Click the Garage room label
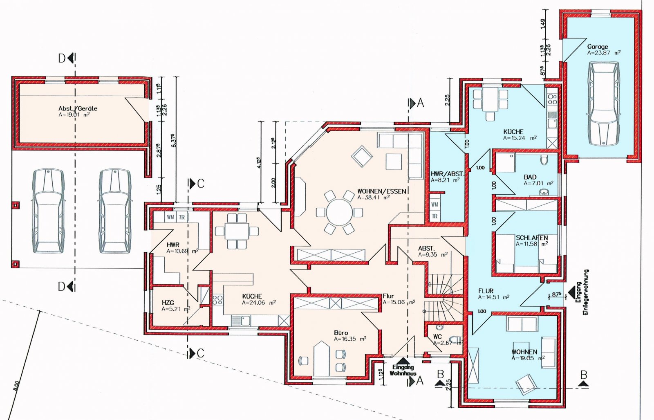click(597, 47)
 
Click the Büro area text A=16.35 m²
click(350, 339)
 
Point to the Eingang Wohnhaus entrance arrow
click(403, 361)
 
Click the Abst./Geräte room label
click(78, 108)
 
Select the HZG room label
click(168, 303)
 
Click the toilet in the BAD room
click(543, 160)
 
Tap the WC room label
click(437, 337)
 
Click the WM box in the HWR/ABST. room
click(435, 204)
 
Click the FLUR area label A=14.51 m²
click(494, 297)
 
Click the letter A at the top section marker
click(420, 103)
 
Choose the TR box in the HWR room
click(182, 217)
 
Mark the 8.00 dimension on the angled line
click(16, 386)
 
